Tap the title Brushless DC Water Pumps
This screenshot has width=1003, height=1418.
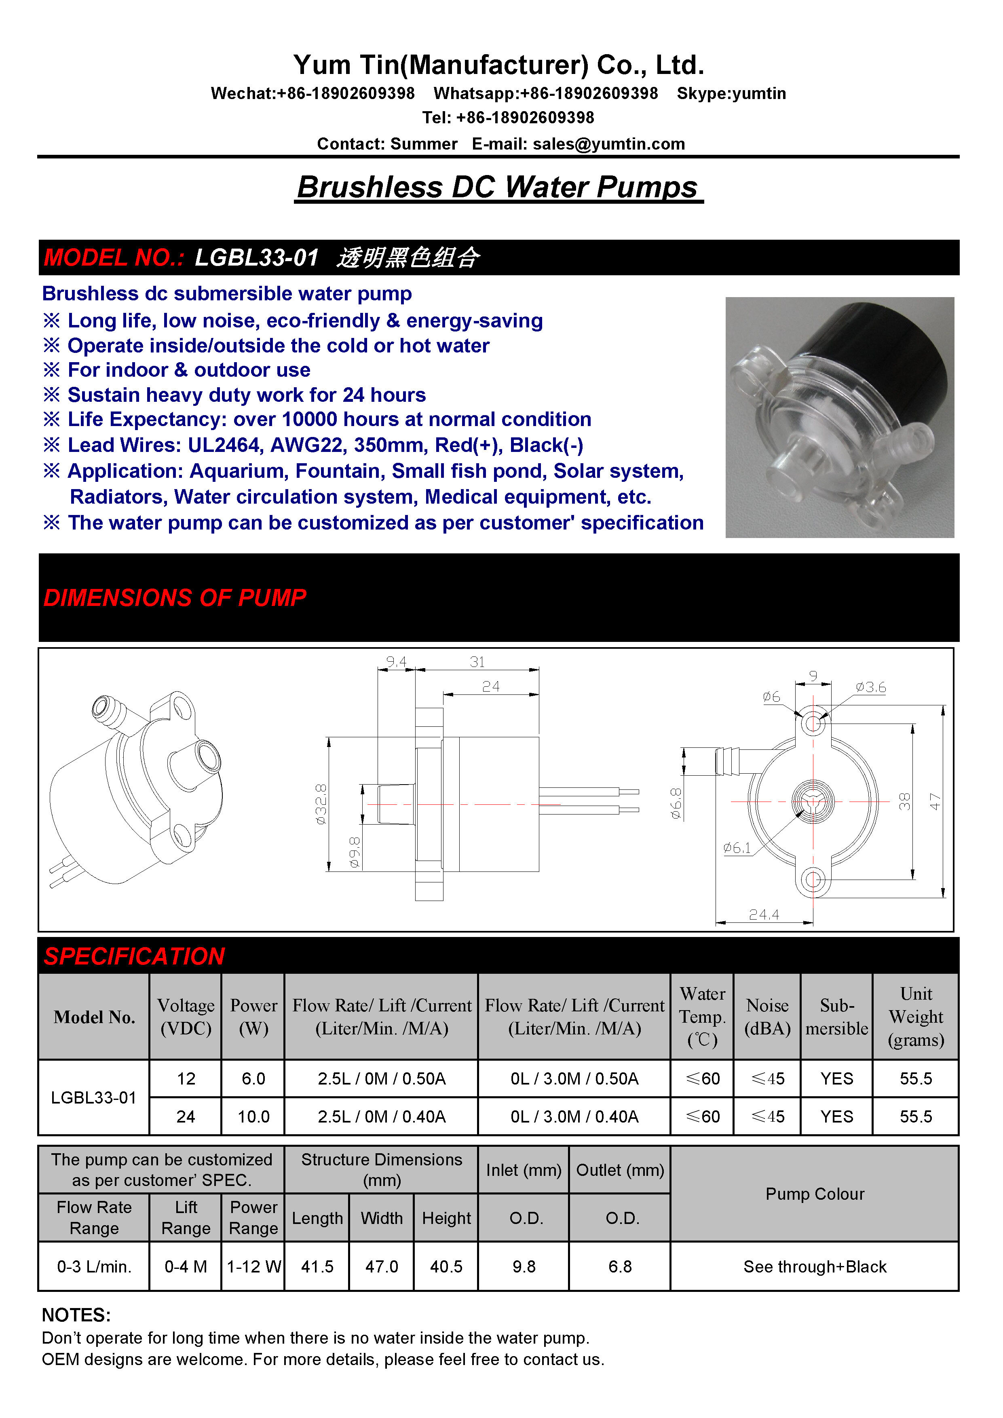pos(498,187)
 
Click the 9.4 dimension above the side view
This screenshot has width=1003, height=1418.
pos(396,662)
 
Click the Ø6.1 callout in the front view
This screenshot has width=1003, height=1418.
pos(737,848)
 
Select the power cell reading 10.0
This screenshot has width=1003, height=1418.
pos(253,1116)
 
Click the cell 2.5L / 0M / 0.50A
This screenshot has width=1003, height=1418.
pos(381,1078)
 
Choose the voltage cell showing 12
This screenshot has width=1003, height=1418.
pos(186,1078)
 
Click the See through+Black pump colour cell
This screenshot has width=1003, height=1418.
pos(814,1267)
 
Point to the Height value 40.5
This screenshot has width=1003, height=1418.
pos(446,1267)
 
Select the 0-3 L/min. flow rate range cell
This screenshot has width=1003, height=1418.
pos(94,1267)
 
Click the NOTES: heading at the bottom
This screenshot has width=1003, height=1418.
pos(76,1315)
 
